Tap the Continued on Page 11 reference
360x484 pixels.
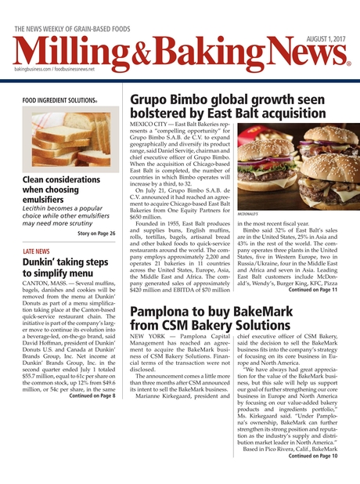tap(313, 311)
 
